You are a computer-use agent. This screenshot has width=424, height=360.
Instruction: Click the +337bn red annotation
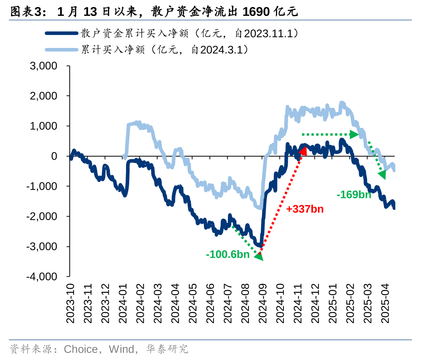(x=305, y=209)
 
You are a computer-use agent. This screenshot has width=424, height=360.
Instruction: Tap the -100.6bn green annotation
(x=228, y=255)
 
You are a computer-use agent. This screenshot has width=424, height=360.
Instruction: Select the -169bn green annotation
(x=354, y=194)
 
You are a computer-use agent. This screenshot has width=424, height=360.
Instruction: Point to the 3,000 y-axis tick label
(x=44, y=66)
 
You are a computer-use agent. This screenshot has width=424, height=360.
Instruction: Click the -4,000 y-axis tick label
(x=42, y=277)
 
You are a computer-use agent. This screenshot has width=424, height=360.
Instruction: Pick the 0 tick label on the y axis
(x=54, y=156)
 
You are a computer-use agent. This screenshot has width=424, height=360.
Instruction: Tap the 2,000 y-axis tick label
(x=44, y=96)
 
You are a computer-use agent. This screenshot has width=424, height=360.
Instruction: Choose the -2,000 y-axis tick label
(x=42, y=217)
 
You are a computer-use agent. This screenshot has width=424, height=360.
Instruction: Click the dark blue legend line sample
(x=61, y=33)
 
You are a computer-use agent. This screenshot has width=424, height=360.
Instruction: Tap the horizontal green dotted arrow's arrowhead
(x=355, y=134)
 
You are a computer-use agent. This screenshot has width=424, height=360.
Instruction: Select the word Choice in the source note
(x=80, y=349)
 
